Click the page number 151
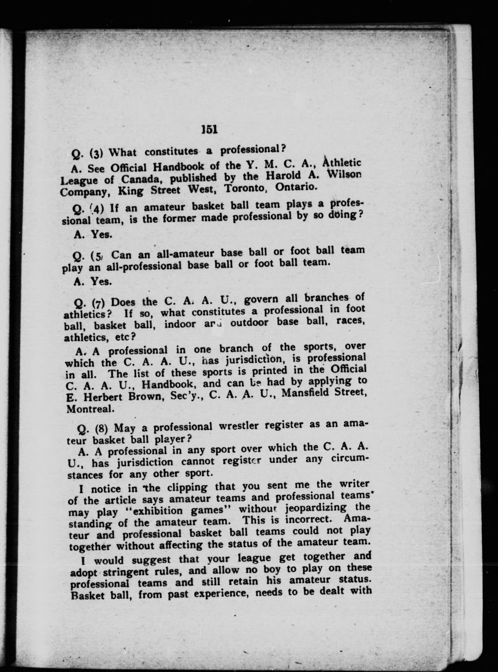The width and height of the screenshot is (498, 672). (209, 129)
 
